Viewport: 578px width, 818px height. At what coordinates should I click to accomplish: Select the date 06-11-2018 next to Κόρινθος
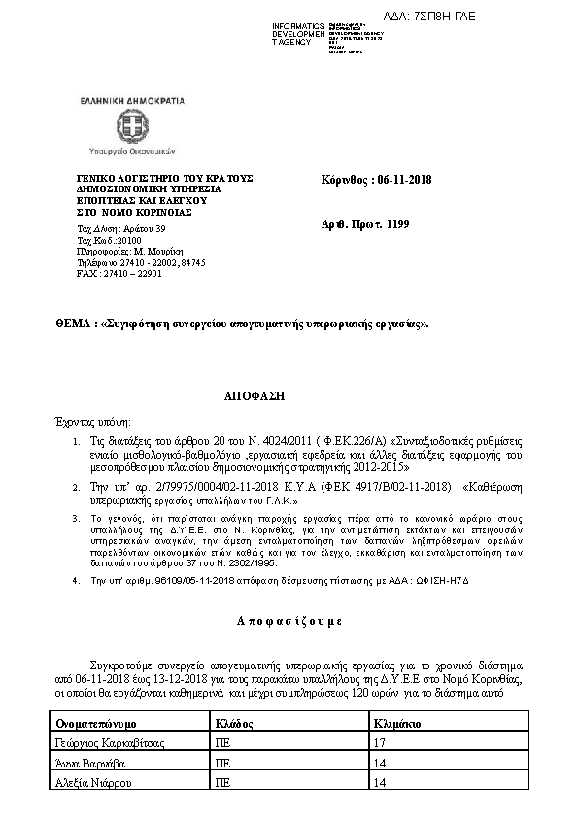pos(403,179)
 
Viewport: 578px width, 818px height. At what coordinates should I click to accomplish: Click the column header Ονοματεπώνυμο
pos(96,724)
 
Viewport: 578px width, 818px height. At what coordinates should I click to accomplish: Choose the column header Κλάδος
pos(233,724)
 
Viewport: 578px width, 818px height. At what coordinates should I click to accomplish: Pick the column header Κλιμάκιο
pos(396,724)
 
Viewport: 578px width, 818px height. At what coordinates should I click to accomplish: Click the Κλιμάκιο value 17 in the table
pos(379,743)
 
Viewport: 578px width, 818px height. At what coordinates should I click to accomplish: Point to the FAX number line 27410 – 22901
pos(106,273)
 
